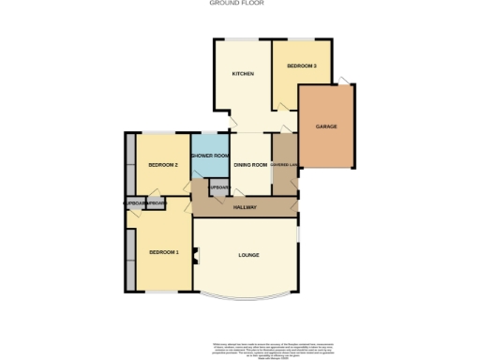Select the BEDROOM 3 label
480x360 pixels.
[x=301, y=66]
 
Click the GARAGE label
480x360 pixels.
[x=326, y=127]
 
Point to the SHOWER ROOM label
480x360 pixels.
[x=210, y=156]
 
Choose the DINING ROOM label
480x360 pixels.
[x=250, y=166]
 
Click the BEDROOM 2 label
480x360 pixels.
[x=163, y=166]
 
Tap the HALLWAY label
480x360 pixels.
[x=246, y=207]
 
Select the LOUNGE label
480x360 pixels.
[x=248, y=255]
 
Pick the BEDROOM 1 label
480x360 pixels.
[x=162, y=252]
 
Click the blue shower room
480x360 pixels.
[x=210, y=164]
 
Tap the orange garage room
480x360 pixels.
[x=327, y=141]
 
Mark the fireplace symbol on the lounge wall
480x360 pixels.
[x=195, y=253]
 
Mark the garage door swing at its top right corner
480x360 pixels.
[x=350, y=81]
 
